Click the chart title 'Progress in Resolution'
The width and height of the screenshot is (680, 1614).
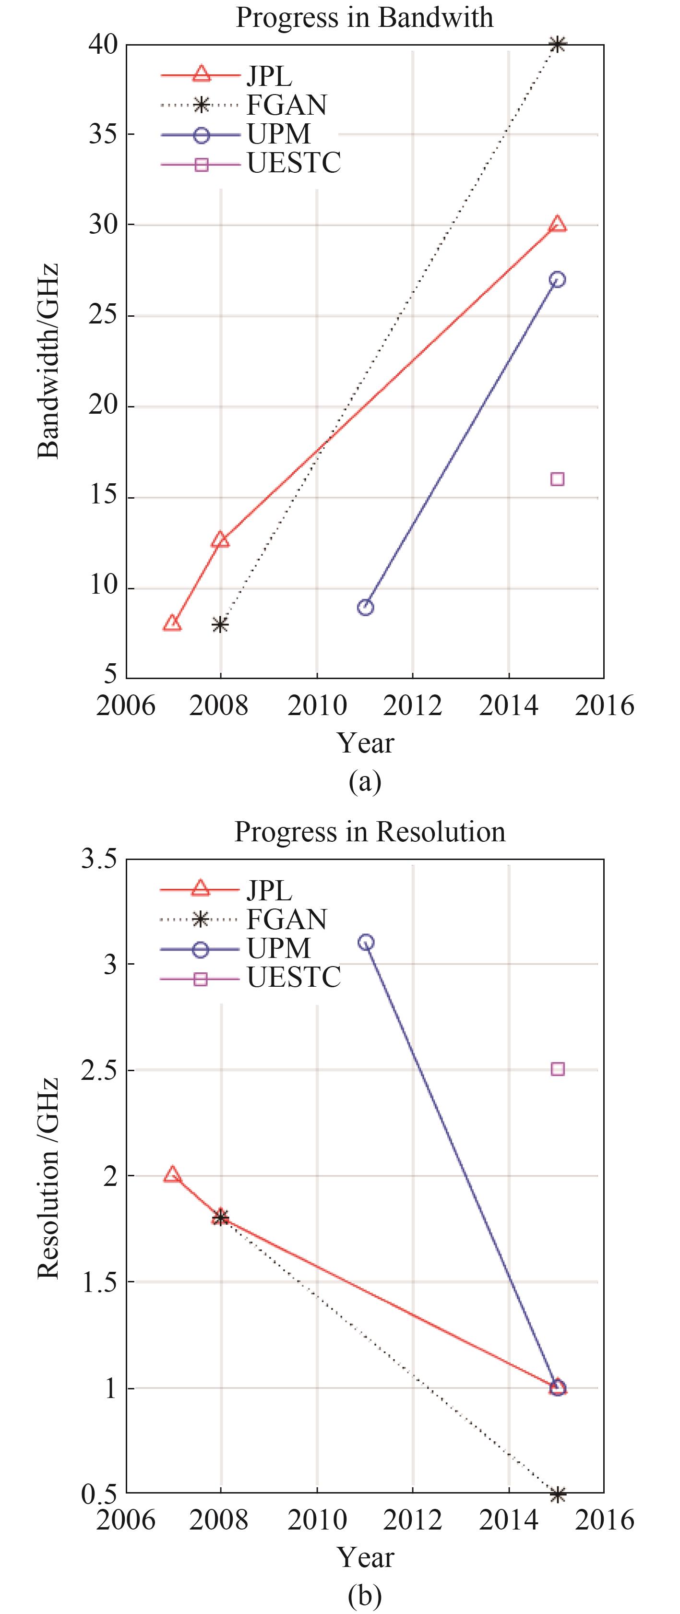pyautogui.click(x=370, y=831)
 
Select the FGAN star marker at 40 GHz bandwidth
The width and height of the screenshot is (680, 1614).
pyautogui.click(x=557, y=45)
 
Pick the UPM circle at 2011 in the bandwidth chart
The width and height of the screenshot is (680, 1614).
pyautogui.click(x=365, y=607)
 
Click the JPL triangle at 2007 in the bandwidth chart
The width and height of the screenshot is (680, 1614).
pyautogui.click(x=172, y=623)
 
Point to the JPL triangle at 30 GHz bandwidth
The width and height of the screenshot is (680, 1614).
pyautogui.click(x=557, y=224)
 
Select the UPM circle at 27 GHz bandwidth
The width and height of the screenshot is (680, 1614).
pyautogui.click(x=557, y=279)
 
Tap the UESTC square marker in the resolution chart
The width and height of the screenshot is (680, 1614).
pyautogui.click(x=557, y=1069)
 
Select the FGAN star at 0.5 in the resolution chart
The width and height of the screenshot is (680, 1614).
pyautogui.click(x=557, y=1494)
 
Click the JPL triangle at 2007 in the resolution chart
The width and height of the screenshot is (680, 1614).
pyautogui.click(x=172, y=1175)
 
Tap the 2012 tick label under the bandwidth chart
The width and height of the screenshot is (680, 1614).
pyautogui.click(x=412, y=706)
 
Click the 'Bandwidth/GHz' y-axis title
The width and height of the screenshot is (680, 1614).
pyautogui.click(x=49, y=361)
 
